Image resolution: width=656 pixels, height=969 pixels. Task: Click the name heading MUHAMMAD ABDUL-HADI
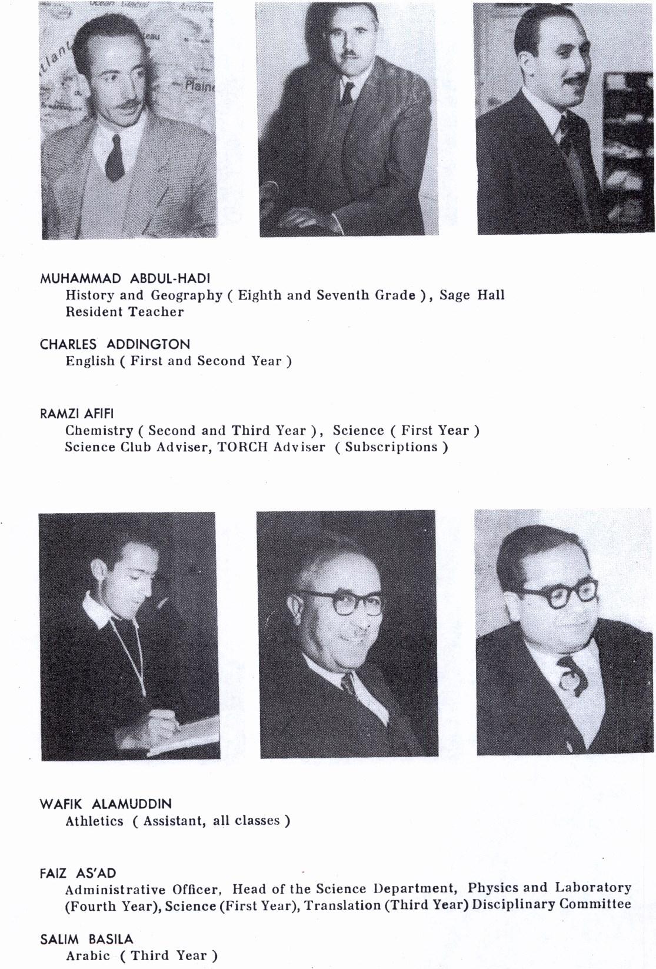pyautogui.click(x=125, y=278)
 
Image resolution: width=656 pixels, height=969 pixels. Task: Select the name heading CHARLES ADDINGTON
pyautogui.click(x=115, y=344)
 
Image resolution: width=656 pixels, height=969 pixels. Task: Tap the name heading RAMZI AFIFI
pyautogui.click(x=76, y=414)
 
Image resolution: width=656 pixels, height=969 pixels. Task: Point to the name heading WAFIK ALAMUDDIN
pyautogui.click(x=106, y=804)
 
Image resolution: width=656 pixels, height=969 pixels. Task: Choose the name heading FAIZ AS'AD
pyautogui.click(x=78, y=873)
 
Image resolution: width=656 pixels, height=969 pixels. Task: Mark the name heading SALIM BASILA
pyautogui.click(x=86, y=939)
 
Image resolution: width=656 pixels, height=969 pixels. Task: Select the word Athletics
pyautogui.click(x=94, y=821)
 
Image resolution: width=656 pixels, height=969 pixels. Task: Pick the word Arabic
pyautogui.click(x=88, y=955)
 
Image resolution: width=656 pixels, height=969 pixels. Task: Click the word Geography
pyautogui.click(x=187, y=295)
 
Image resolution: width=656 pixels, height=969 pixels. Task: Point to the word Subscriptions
pyautogui.click(x=391, y=447)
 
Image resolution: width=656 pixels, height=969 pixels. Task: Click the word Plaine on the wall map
pyautogui.click(x=199, y=86)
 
